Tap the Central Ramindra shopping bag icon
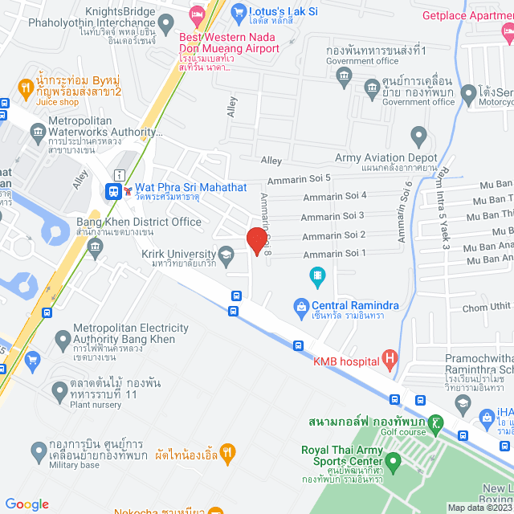tap(300, 306)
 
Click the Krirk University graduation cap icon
tap(226, 255)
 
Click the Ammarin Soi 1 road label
tap(333, 254)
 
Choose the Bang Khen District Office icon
tap(96, 244)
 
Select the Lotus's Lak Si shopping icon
tap(238, 12)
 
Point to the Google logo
tap(27, 504)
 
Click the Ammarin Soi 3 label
tap(332, 215)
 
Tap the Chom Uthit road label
tap(487, 306)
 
